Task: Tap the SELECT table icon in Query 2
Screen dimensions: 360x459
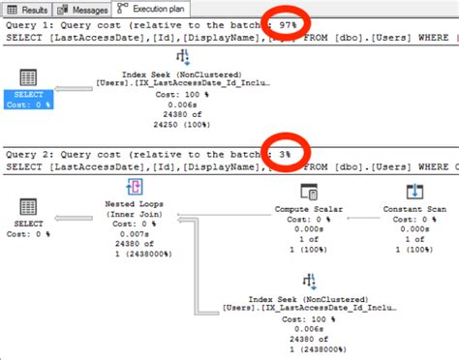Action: [28, 207]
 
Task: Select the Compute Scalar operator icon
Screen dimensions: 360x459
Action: [309, 191]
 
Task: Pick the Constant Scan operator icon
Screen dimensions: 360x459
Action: [412, 191]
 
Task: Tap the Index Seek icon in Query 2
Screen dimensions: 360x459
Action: [309, 282]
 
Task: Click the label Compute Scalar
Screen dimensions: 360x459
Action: [309, 210]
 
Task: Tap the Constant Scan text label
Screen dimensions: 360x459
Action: [412, 210]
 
